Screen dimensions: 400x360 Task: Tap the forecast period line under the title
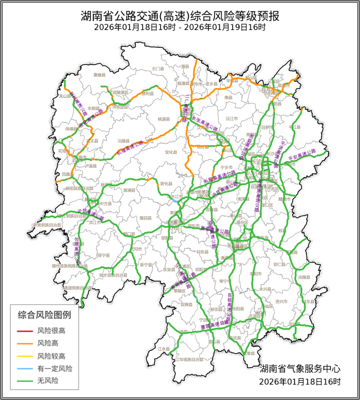pyautogui.click(x=179, y=27)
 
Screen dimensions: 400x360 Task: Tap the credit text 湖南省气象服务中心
pyautogui.click(x=300, y=368)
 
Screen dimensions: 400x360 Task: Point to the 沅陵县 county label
pyautogui.click(x=123, y=141)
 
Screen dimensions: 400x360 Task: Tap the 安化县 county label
pyautogui.click(x=171, y=152)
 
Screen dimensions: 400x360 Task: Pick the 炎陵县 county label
pyautogui.click(x=318, y=276)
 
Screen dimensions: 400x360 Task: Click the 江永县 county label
pyautogui.click(x=163, y=348)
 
